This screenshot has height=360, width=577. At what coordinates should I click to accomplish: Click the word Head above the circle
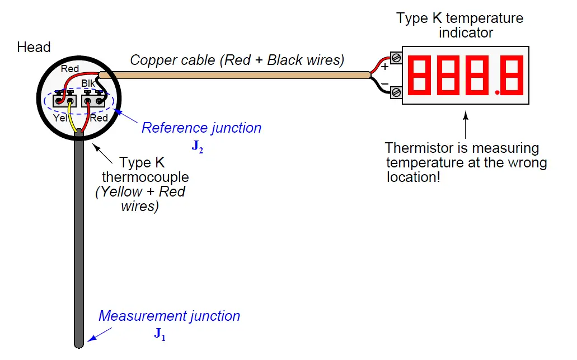pos(34,47)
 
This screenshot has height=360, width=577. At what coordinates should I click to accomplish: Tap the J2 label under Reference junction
pos(197,147)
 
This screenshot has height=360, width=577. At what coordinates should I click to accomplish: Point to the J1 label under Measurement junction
pos(160,335)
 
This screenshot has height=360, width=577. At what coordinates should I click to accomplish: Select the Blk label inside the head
pos(88,83)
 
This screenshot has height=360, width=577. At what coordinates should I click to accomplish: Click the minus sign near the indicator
pos(385,84)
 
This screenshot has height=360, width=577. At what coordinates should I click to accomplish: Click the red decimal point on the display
pos(497,91)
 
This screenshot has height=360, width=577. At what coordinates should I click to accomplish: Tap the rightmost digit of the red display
pos(511,75)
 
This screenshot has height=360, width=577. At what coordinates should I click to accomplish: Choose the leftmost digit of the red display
pos(421,75)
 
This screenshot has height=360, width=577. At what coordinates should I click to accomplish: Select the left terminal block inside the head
pos(64,101)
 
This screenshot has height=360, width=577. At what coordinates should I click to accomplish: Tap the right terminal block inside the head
pos(93,101)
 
